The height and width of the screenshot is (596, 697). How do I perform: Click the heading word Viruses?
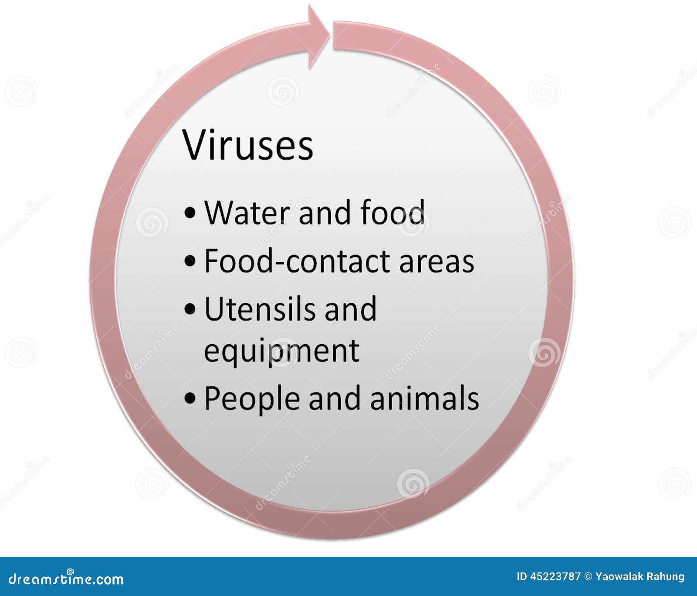(x=248, y=145)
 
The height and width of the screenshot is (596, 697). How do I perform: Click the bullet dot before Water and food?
(x=190, y=213)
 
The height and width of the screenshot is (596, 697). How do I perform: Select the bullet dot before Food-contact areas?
(x=190, y=262)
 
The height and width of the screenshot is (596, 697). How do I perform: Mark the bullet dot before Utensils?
(x=190, y=309)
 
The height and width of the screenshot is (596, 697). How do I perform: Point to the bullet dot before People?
(x=190, y=398)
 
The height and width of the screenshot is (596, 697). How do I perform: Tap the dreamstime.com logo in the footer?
(x=66, y=579)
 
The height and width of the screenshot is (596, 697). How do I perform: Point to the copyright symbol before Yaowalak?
(x=588, y=577)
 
